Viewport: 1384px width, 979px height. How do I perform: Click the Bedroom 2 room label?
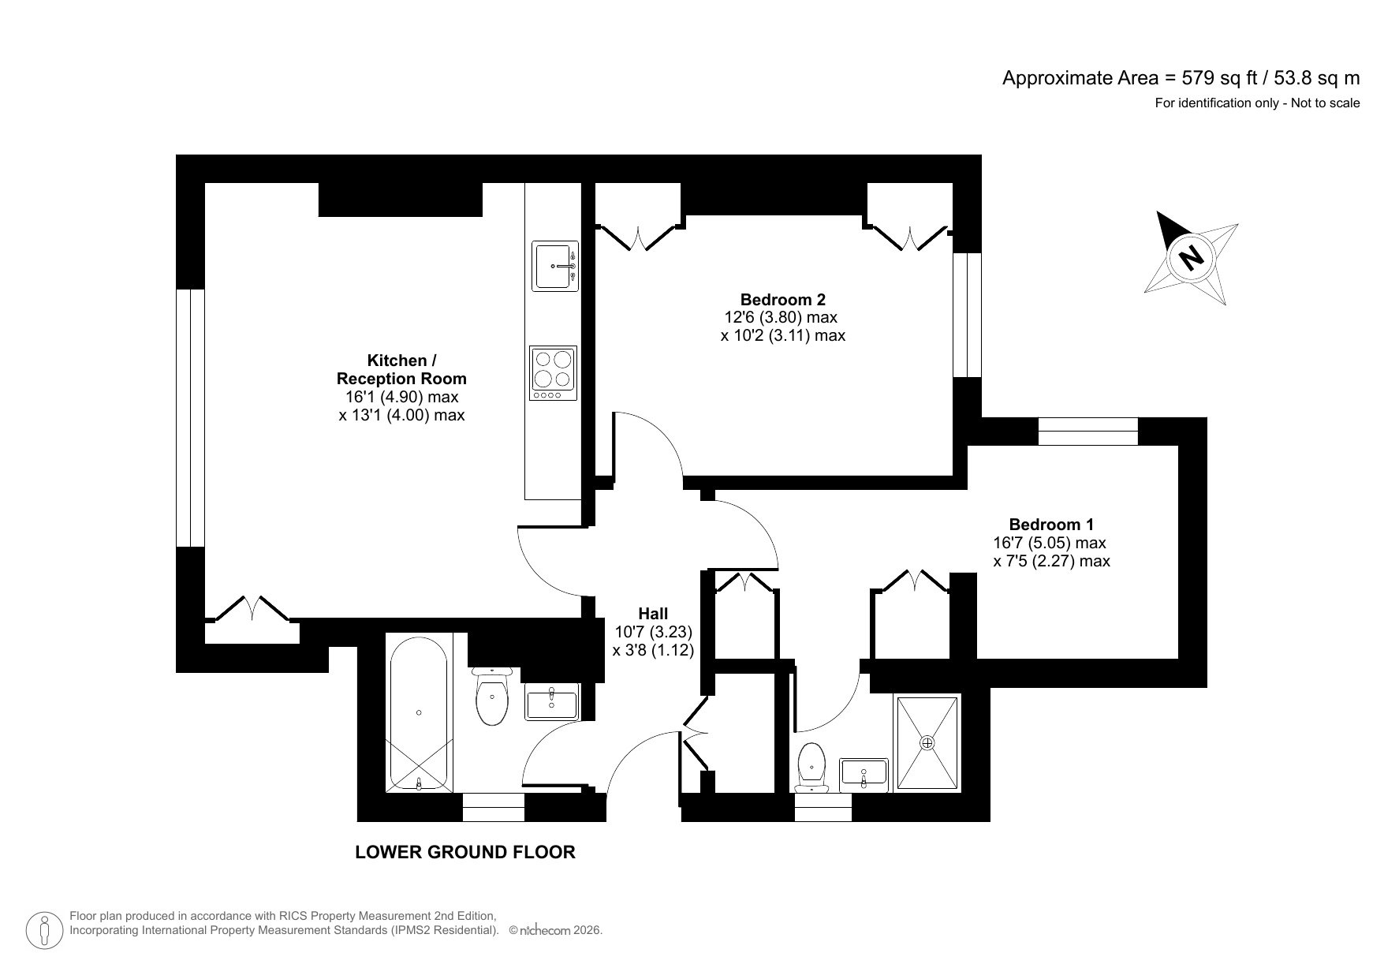coord(782,300)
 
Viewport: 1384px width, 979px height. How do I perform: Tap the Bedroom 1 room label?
coord(1051,525)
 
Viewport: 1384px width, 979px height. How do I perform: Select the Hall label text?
coord(653,614)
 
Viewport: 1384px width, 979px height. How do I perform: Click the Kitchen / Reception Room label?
coord(401,369)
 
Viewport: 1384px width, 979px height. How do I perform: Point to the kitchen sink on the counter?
coord(554,266)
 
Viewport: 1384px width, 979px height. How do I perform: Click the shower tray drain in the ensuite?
coord(927,742)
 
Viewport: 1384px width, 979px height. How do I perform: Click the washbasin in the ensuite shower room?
coord(864,774)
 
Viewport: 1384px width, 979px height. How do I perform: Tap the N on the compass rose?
coord(1191,257)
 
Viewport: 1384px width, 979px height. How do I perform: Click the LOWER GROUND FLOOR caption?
coord(465,852)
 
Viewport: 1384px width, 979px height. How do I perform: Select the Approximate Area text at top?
coord(1181,78)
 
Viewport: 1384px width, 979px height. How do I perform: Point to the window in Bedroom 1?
coord(1087,432)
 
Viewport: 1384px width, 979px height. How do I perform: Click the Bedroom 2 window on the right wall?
coord(967,315)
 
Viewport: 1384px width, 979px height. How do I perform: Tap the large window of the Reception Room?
coord(190,417)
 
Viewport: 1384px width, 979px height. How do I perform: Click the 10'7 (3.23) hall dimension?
coord(653,632)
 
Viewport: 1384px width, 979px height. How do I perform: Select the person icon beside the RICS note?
coord(46,931)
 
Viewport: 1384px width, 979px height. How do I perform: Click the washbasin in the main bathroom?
coord(552,701)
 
